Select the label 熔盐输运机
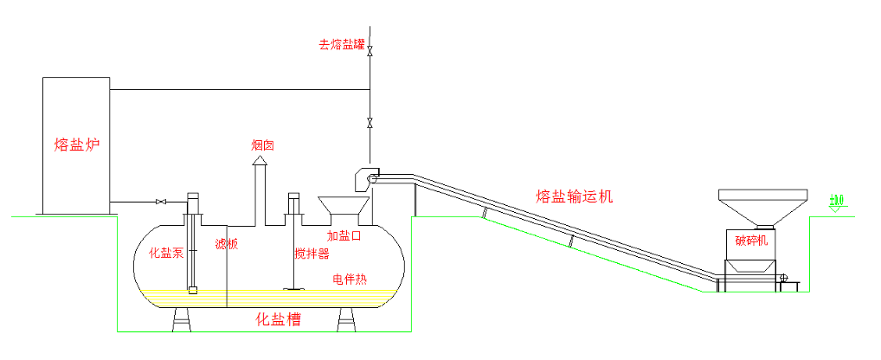(x=574, y=196)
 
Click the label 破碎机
(x=750, y=241)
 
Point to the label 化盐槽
(x=278, y=319)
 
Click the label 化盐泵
(x=166, y=254)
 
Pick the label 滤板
(x=226, y=245)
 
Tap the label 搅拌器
(x=312, y=254)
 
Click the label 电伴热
(x=350, y=279)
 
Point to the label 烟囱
(x=262, y=146)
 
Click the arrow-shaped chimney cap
(x=260, y=160)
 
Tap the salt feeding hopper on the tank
(x=344, y=208)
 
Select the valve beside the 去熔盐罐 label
(x=370, y=51)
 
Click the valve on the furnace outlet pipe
(x=160, y=202)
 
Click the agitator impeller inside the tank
(x=293, y=288)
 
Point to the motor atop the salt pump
(x=192, y=200)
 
